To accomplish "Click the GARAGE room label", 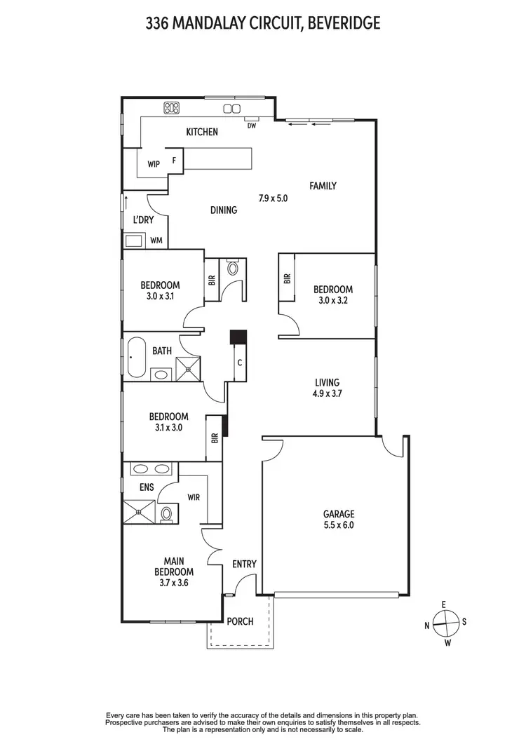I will [339, 513].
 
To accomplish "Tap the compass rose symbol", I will [445, 620].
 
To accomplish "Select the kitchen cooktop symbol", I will [172, 107].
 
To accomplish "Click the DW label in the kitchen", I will [251, 126].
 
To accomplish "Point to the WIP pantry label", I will [154, 164].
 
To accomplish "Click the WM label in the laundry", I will [156, 241].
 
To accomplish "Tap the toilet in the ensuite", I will [166, 515].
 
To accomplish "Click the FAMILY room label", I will [323, 186].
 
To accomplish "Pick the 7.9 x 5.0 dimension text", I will [274, 198].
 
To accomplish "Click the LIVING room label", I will [327, 382].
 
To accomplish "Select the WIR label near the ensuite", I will [194, 497].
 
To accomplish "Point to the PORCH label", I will [240, 621].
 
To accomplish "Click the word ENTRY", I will [244, 564].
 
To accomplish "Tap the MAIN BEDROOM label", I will [173, 566].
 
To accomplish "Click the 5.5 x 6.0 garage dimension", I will [339, 524].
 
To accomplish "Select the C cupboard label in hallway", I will [240, 363].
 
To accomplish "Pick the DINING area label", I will [224, 209].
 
